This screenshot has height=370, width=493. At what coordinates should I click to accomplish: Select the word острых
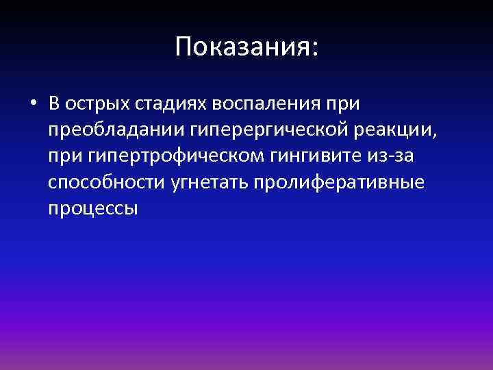pos(100,104)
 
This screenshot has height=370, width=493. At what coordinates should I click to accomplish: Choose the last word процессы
pos(93,208)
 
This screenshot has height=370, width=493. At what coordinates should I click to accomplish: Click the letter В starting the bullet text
pos(55,104)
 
